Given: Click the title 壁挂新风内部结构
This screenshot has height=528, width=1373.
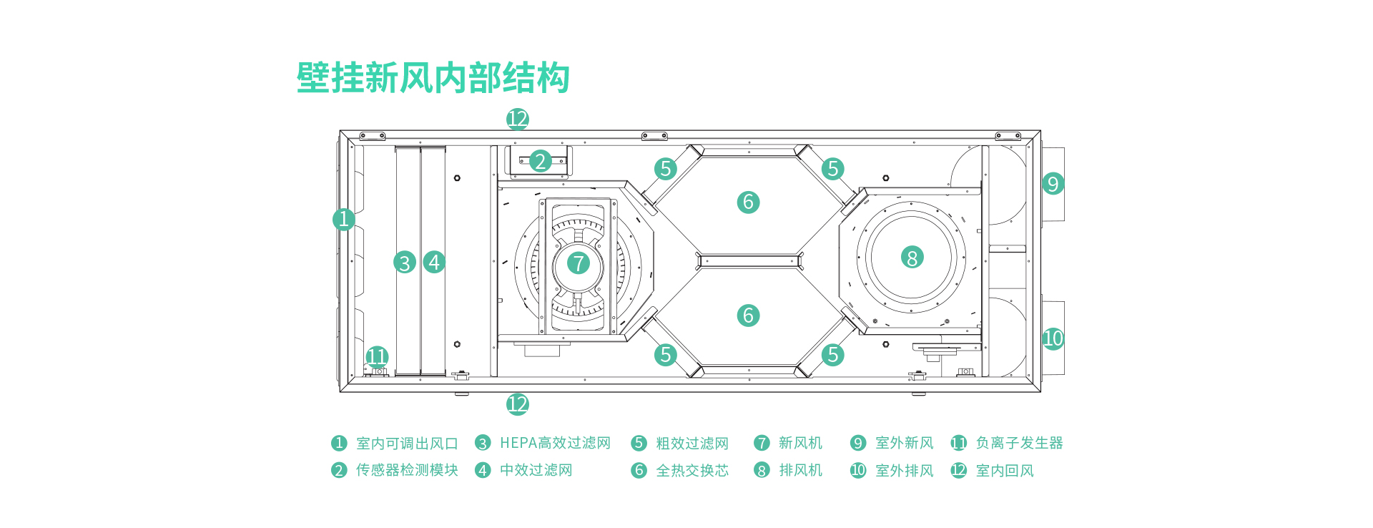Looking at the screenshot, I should (433, 78).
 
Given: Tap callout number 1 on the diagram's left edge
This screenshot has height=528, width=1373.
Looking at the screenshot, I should (344, 219).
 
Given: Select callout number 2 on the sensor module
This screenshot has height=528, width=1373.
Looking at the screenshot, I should (541, 161).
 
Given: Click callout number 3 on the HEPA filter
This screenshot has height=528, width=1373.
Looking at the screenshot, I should (405, 263).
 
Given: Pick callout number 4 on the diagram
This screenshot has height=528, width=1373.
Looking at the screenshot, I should (434, 262).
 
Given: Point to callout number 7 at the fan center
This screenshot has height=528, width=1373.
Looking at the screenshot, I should (579, 263).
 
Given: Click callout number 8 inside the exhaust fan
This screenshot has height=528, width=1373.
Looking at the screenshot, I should (912, 258).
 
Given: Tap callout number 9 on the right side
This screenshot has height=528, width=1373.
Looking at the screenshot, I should (1053, 184).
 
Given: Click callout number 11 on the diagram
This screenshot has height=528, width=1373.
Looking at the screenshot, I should (377, 356).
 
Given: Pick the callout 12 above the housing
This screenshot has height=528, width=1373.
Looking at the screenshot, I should (517, 119).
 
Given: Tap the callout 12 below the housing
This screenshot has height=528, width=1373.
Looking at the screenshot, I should (517, 404).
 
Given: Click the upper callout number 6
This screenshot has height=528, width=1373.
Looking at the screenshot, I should (748, 202).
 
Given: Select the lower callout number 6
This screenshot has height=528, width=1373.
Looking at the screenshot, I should (748, 315).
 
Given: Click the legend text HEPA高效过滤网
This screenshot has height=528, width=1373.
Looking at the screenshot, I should (555, 443).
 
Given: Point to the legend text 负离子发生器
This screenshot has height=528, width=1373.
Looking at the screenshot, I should (1019, 443).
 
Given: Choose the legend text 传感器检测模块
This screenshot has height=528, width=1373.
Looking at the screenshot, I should (407, 470).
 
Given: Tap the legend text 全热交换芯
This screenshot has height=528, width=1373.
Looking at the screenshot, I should (692, 470).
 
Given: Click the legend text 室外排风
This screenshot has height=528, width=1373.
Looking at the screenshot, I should (905, 470).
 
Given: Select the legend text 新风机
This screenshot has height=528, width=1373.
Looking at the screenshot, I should (800, 443).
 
